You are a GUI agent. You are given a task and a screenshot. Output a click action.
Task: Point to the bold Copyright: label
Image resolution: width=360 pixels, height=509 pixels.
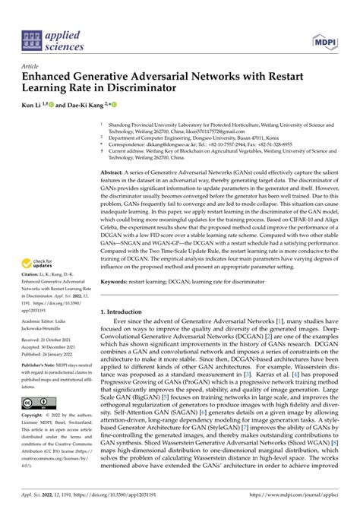tap(38, 416)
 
